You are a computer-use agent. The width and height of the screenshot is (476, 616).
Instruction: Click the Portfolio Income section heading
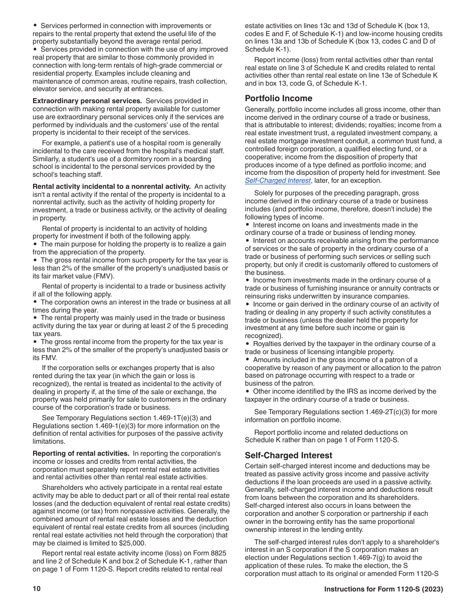point(278,98)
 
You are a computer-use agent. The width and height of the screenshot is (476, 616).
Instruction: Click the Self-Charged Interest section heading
point(288,455)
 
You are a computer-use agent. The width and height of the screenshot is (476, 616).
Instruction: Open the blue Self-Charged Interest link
point(278,181)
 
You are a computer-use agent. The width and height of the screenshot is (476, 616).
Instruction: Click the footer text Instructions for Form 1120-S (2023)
point(383,589)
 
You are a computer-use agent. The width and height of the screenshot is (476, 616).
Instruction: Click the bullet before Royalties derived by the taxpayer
point(248,344)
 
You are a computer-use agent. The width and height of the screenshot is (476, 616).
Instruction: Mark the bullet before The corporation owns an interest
point(35,302)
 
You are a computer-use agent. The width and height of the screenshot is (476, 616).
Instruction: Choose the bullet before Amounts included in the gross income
point(248,360)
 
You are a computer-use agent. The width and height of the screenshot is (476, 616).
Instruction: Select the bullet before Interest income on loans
point(248,225)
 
